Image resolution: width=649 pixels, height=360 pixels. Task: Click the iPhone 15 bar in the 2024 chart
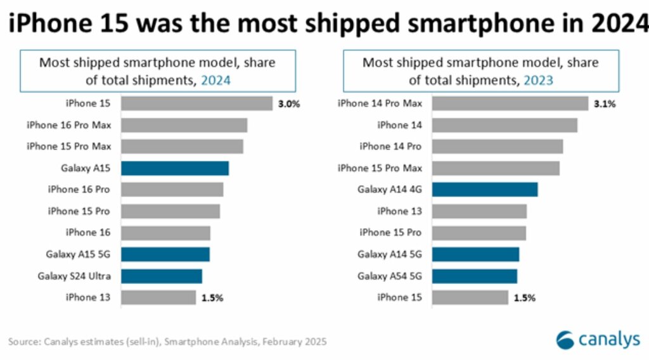click(196, 103)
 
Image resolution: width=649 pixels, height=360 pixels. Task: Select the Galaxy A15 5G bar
click(165, 254)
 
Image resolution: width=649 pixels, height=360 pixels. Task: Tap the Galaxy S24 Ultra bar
click(162, 276)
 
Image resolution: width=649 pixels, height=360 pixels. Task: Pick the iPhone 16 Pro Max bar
click(184, 125)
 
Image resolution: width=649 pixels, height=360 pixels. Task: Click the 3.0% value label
click(289, 103)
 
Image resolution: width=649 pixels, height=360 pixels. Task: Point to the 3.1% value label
click(605, 103)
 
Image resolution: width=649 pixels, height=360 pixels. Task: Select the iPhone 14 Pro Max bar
click(510, 103)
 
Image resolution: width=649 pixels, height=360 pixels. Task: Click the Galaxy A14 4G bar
click(485, 190)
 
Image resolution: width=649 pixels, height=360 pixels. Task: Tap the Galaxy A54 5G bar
click(475, 276)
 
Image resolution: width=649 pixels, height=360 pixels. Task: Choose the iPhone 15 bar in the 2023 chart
click(470, 297)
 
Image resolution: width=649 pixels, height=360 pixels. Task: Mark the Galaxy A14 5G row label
click(390, 254)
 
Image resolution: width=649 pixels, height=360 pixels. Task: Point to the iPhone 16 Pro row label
click(79, 190)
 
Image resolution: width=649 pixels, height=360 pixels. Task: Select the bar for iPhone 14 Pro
click(498, 146)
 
